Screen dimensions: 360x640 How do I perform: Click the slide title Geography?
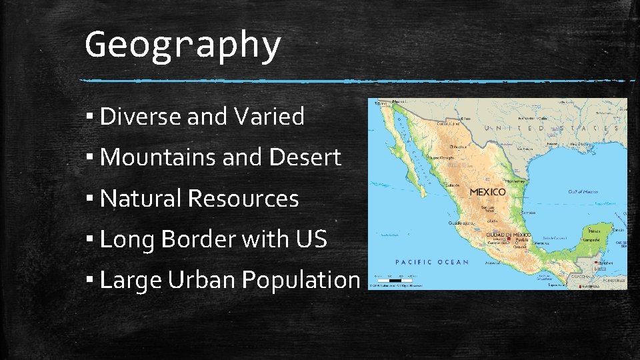coord(183,45)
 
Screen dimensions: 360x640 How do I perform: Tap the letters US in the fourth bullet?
coord(312,239)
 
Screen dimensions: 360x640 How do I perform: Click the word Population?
coord(301,280)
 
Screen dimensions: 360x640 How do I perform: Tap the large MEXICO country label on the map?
coord(487,192)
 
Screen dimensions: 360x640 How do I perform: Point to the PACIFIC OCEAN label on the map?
coord(432,262)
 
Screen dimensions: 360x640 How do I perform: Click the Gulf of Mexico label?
coord(583,192)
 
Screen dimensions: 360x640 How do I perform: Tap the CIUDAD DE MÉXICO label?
coord(509,235)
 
